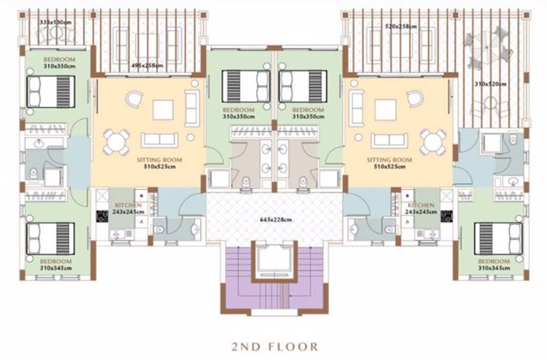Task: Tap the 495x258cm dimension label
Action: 147,65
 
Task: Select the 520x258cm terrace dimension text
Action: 401,26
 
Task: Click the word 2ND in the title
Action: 248,344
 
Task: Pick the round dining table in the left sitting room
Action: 116,140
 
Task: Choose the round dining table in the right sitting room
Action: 432,140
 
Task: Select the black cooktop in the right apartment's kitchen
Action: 448,216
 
